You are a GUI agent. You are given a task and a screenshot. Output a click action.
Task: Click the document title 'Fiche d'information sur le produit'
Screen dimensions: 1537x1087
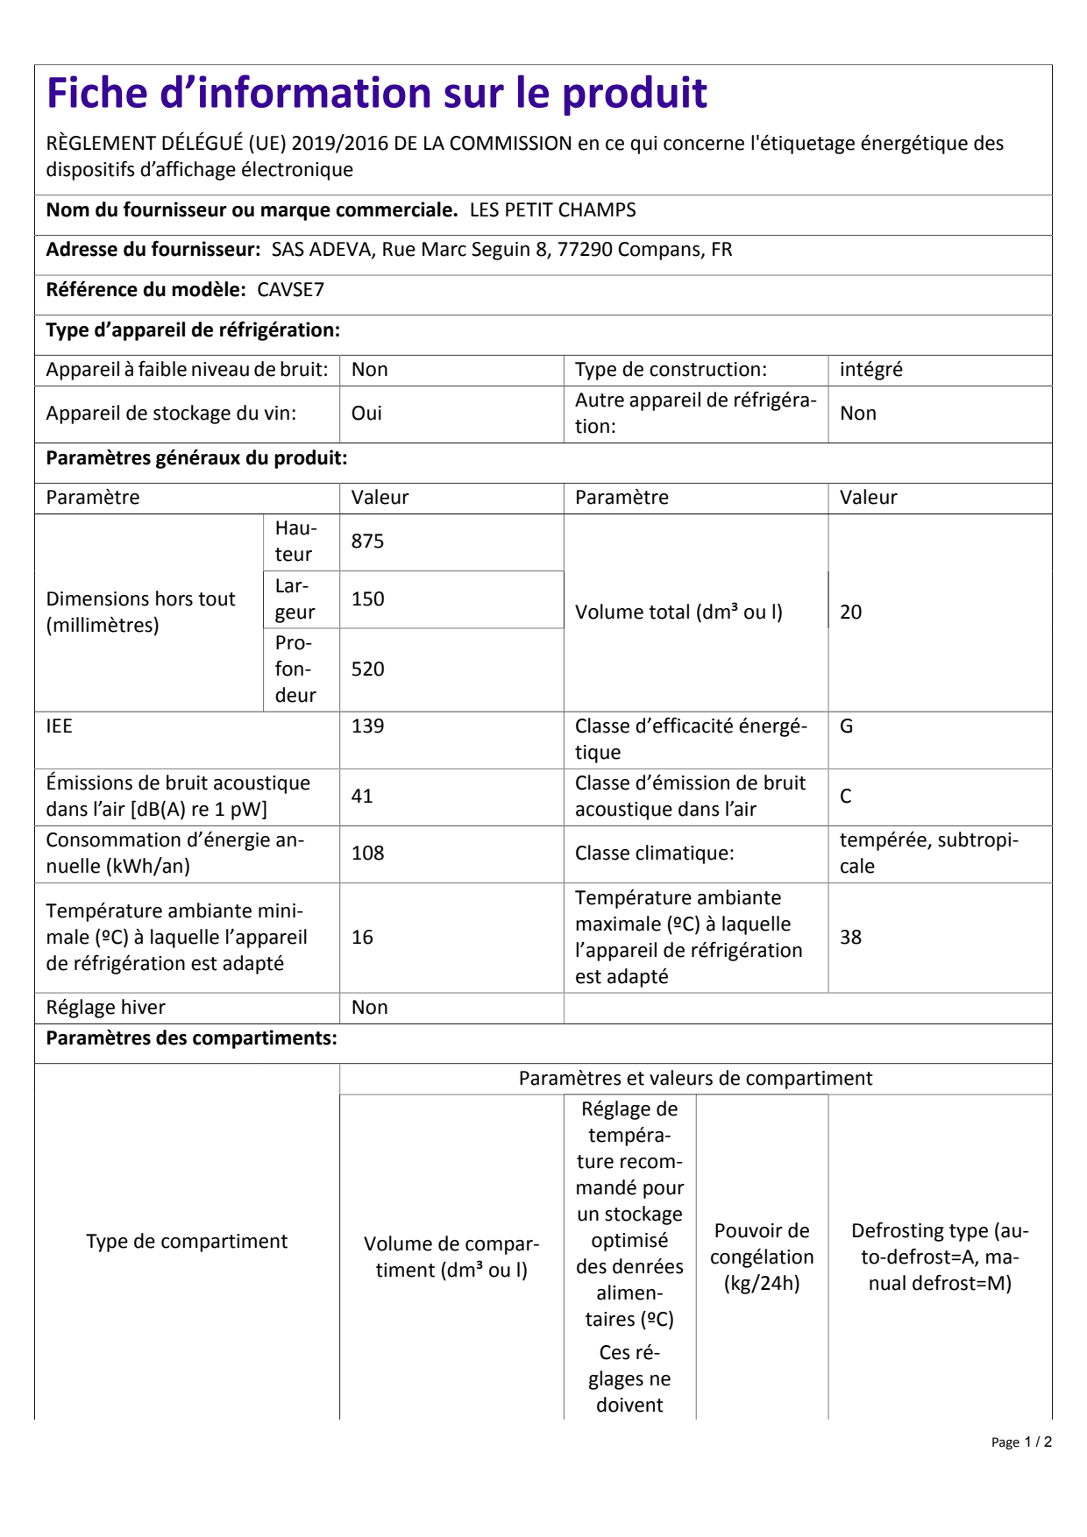click(376, 93)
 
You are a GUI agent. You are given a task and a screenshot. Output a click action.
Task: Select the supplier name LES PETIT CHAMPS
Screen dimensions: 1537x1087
click(552, 210)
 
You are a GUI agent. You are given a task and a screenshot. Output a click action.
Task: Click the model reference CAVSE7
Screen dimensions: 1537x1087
click(290, 290)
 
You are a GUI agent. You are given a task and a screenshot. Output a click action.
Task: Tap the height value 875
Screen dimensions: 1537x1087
click(367, 542)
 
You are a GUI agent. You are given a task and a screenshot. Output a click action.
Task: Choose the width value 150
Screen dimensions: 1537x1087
click(367, 599)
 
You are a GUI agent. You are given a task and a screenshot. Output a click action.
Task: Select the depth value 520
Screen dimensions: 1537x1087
click(367, 669)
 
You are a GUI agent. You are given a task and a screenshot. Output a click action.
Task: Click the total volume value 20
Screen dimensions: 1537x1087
click(850, 613)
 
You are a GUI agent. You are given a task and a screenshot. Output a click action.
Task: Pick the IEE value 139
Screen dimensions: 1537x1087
click(367, 726)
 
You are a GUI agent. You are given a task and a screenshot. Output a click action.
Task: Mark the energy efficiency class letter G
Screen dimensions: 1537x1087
click(846, 726)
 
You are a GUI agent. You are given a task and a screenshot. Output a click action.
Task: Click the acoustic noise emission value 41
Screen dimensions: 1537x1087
click(362, 797)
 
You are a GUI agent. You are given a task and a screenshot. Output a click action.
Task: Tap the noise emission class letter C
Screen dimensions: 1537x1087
click(845, 797)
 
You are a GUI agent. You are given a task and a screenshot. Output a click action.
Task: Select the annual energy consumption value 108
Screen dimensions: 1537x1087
click(367, 853)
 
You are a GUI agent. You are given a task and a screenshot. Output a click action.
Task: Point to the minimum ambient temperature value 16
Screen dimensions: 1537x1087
click(362, 938)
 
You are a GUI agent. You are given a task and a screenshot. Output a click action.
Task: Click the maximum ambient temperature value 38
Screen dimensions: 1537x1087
click(850, 938)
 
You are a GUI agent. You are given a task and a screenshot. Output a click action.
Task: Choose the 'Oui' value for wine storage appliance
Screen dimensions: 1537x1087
click(366, 414)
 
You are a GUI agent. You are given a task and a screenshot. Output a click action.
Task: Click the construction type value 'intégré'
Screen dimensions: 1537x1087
click(870, 370)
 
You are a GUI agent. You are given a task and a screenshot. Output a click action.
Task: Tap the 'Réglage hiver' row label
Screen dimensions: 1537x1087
click(105, 1008)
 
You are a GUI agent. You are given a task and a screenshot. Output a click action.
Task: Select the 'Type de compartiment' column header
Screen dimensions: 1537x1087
click(187, 1242)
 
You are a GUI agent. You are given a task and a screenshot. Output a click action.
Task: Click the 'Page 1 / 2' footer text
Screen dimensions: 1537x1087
click(1021, 1442)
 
